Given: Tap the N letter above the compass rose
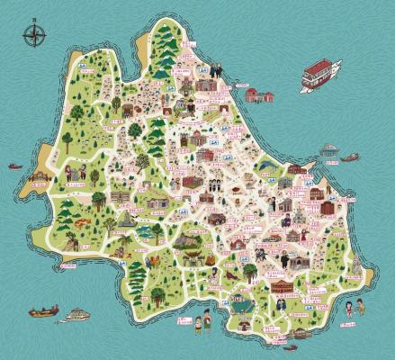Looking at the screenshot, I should pyautogui.click(x=34, y=21).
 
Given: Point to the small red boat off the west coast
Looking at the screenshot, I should pyautogui.click(x=15, y=166).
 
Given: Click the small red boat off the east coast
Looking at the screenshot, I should pyautogui.click(x=350, y=157).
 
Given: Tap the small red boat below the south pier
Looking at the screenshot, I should pyautogui.click(x=291, y=346).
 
